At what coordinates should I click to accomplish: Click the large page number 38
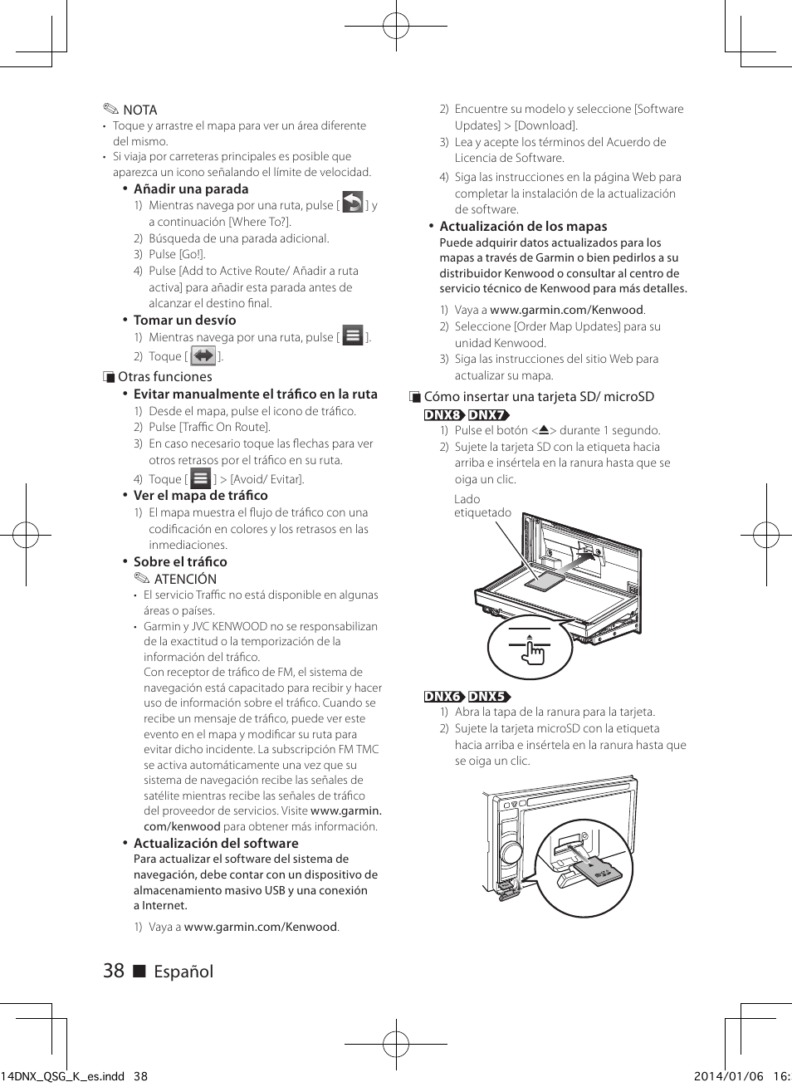click(x=114, y=971)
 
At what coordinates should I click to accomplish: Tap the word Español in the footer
click(x=183, y=972)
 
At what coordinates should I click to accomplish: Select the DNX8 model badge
click(x=444, y=414)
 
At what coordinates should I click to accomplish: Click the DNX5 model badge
click(x=488, y=696)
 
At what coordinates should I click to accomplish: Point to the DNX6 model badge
click(x=444, y=696)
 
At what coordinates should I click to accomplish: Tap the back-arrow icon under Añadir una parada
click(x=353, y=203)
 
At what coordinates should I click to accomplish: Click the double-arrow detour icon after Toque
click(x=203, y=356)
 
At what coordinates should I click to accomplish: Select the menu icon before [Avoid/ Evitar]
click(x=201, y=478)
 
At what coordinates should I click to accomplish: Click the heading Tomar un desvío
click(x=184, y=320)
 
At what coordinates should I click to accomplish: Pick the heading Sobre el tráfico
click(x=180, y=561)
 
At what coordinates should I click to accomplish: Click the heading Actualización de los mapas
click(x=523, y=226)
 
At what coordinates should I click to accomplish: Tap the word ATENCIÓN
click(x=185, y=579)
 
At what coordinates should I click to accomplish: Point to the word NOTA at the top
click(x=139, y=110)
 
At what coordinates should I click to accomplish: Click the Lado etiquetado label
click(x=482, y=506)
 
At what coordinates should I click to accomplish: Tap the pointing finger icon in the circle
click(x=531, y=650)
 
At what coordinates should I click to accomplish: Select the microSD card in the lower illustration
click(x=597, y=872)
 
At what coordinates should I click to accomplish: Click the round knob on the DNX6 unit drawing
click(x=511, y=852)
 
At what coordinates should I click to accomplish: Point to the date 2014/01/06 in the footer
click(x=728, y=1076)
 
